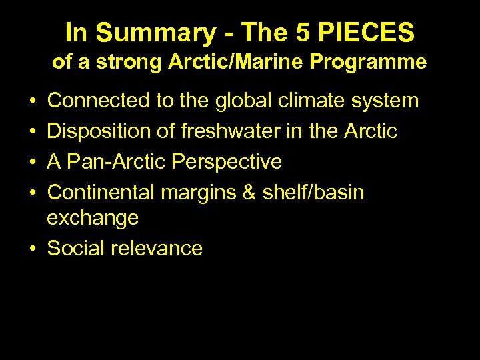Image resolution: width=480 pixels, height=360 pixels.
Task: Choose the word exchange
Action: (93, 218)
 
